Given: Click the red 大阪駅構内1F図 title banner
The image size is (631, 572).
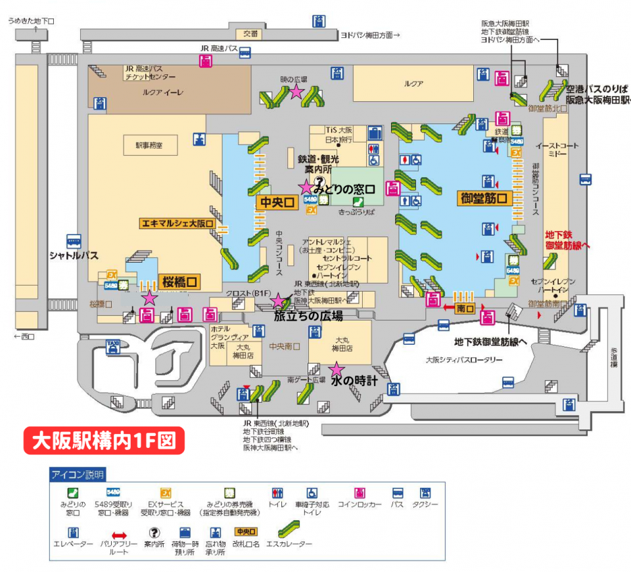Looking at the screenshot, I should (x=103, y=440).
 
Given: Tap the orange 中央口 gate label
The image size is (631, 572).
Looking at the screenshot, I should (x=277, y=203).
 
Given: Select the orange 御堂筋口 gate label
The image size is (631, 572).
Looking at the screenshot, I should (x=484, y=198).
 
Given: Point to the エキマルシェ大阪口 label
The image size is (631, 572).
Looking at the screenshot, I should (x=177, y=223).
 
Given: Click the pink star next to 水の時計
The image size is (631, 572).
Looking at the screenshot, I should (x=337, y=369).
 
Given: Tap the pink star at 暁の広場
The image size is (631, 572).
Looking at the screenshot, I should (x=296, y=92).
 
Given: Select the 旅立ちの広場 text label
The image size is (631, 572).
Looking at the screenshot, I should (x=308, y=316).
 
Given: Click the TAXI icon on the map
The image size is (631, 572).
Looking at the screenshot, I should (x=113, y=345).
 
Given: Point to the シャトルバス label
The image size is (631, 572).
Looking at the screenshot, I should (x=76, y=255).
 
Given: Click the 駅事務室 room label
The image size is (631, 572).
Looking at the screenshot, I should (x=149, y=145).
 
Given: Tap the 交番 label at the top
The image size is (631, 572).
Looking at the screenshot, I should (x=250, y=34).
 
